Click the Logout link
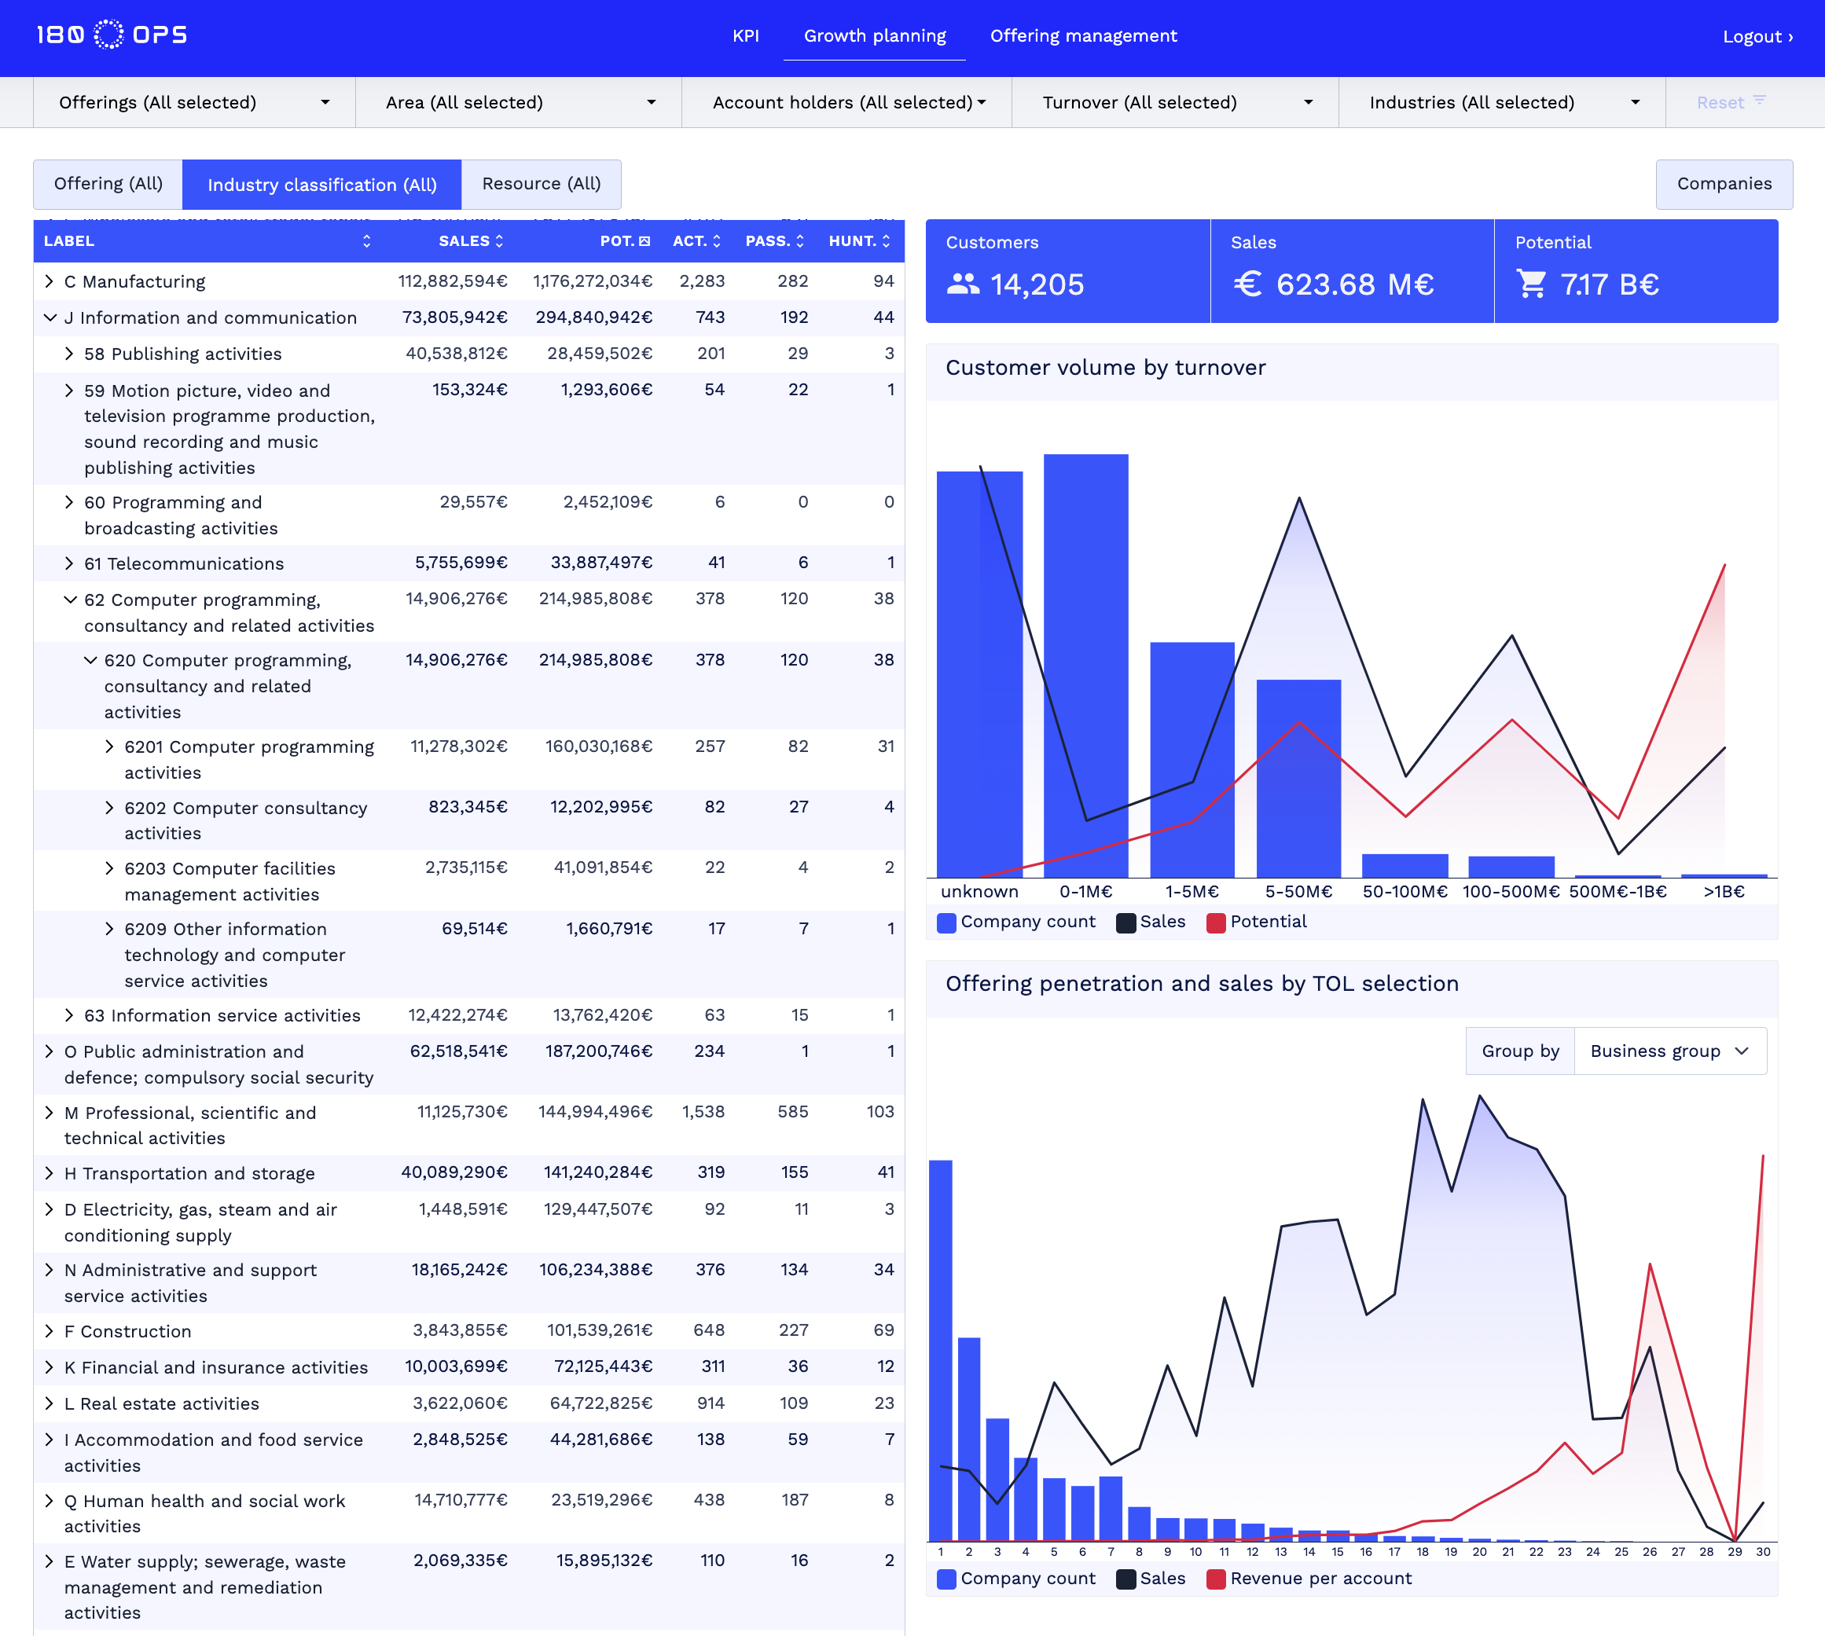coord(1757,36)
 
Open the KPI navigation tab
coord(745,36)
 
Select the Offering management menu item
coord(1082,36)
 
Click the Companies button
coord(1724,183)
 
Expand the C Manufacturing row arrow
coord(50,281)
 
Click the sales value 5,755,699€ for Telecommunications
coord(461,563)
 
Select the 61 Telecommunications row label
coord(183,563)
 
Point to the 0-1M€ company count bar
coord(1085,666)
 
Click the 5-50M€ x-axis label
coord(1298,892)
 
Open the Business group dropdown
coord(1669,1051)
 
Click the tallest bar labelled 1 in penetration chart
coord(940,1348)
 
